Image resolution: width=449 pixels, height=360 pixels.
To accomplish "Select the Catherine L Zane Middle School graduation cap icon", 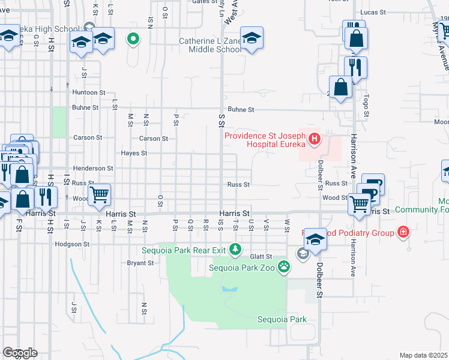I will click(252, 38).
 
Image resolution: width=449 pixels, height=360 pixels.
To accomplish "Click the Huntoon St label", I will click(89, 92).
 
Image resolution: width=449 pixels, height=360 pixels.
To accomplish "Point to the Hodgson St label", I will click(72, 244).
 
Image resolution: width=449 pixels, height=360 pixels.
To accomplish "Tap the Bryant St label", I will click(141, 263).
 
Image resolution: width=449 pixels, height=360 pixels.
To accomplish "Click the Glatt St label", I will click(262, 256).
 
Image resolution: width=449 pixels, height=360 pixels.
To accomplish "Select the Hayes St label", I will click(134, 153).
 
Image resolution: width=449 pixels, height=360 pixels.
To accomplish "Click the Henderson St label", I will click(93, 169).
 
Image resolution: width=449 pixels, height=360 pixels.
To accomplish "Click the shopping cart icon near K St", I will click(99, 194).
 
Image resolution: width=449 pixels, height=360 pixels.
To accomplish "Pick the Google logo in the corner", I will click(20, 352).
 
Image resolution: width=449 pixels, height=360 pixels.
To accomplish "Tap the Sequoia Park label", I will click(282, 319).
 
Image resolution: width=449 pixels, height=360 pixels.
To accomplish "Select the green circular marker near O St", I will click(133, 40).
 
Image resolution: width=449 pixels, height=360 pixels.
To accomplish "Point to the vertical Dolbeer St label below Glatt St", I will click(319, 283).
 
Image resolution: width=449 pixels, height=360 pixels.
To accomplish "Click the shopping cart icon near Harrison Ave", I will click(360, 203).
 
